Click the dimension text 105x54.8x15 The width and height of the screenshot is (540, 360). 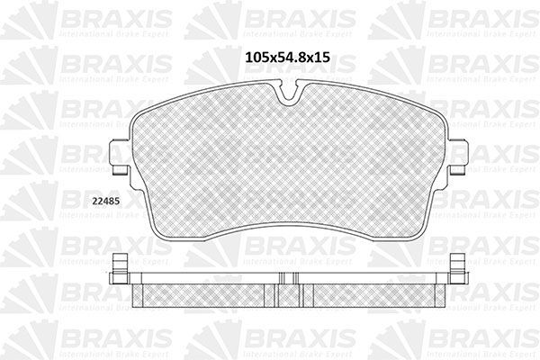(x=286, y=56)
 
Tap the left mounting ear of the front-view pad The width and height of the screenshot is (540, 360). (x=117, y=159)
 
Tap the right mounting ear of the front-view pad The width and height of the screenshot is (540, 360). (x=457, y=159)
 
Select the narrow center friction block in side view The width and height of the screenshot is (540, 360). (x=288, y=291)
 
